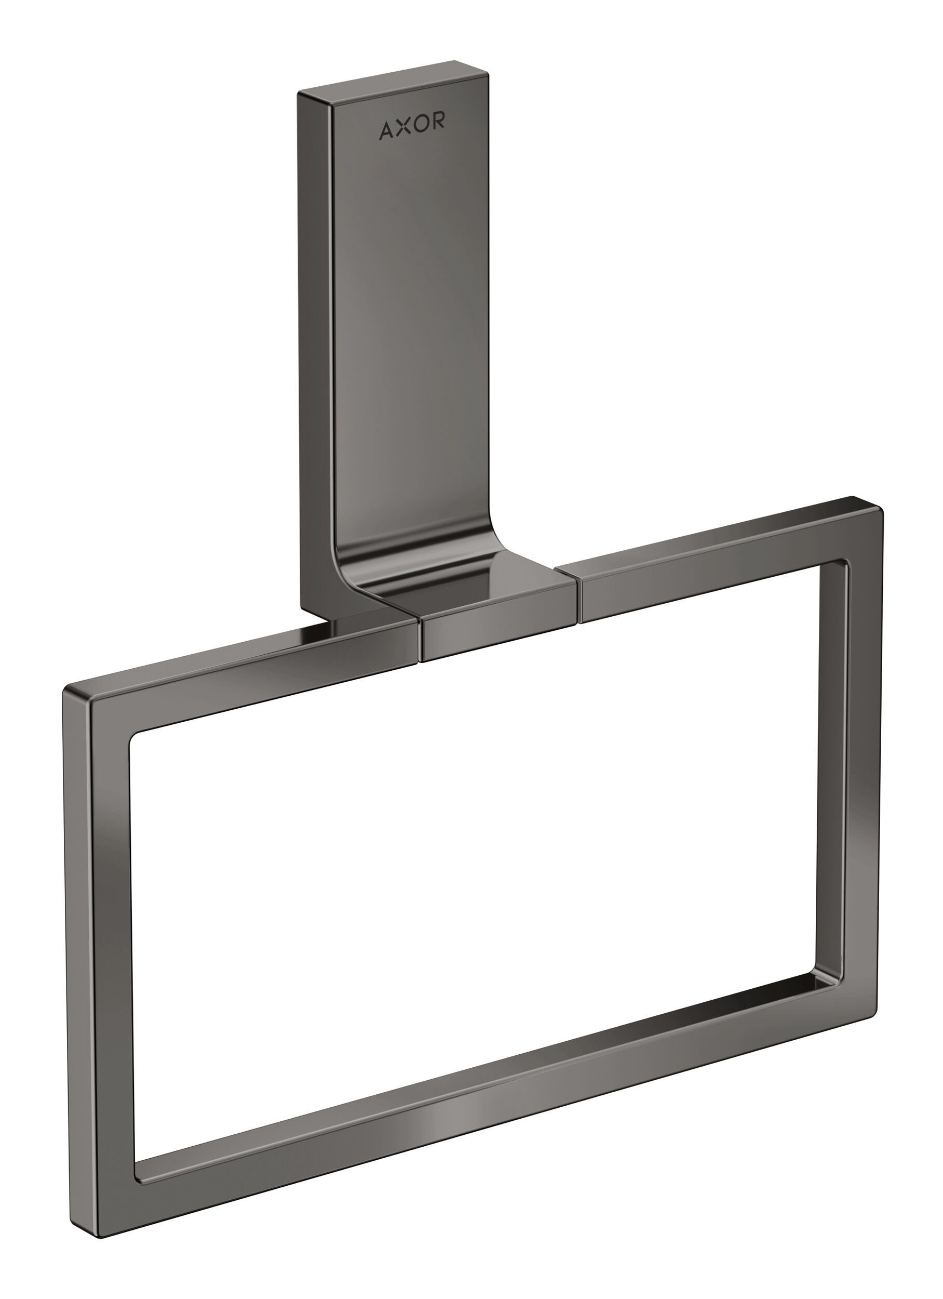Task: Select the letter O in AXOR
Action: coord(421,125)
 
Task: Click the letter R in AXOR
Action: coord(438,122)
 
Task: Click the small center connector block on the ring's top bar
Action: coord(495,627)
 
